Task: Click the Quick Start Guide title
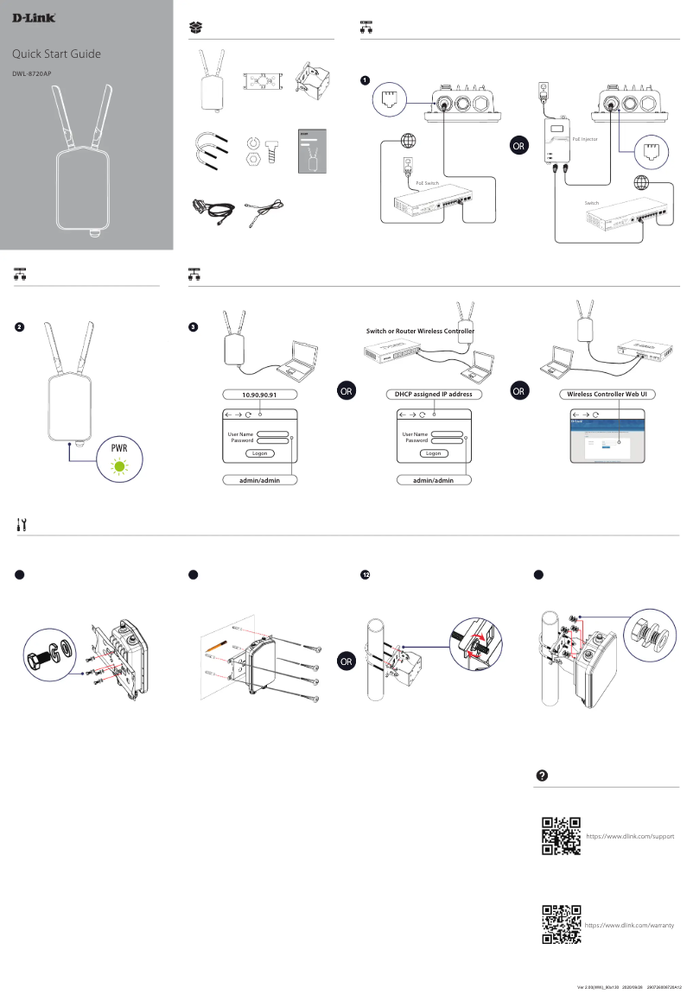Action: tap(62, 54)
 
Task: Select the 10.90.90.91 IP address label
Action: tap(259, 394)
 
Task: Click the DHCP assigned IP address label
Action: tap(433, 394)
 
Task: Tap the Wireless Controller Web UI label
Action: tap(607, 394)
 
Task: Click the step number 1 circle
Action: tap(366, 80)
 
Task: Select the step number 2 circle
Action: tap(19, 327)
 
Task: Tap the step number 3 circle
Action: tap(193, 327)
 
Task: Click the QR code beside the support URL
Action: tap(560, 836)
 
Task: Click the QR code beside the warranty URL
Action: tap(560, 924)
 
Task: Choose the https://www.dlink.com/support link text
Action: tap(630, 837)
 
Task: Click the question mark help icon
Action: tap(542, 774)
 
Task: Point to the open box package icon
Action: tap(196, 28)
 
